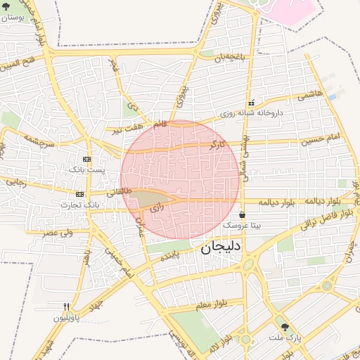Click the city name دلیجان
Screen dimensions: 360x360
(221, 247)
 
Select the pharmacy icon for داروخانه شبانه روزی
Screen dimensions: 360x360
(252, 103)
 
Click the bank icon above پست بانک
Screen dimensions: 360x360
(86, 159)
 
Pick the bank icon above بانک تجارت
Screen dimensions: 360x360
(80, 194)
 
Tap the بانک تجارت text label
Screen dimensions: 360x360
(80, 204)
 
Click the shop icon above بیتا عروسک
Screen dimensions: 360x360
(243, 215)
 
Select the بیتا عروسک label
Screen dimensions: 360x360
(242, 226)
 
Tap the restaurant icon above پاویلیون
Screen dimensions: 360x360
(67, 307)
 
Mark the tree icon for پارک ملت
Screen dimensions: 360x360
(285, 328)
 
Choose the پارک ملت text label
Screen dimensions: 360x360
(284, 338)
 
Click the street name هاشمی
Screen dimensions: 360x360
(309, 95)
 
